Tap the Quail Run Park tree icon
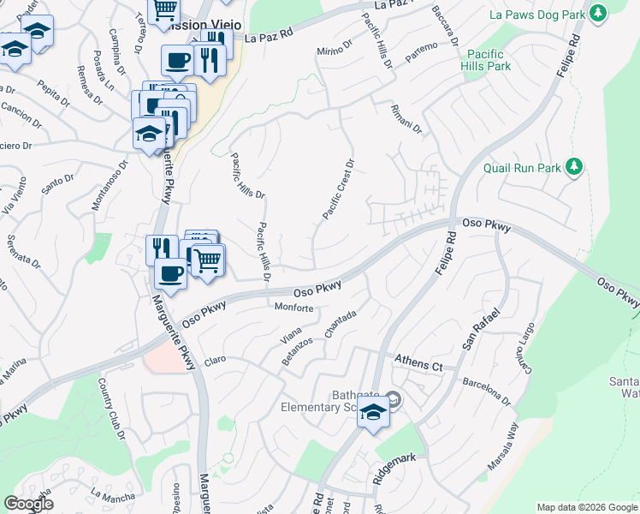coord(576,166)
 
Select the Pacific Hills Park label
coord(485,60)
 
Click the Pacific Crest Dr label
coord(338,189)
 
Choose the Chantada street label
coord(340,325)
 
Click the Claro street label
coord(214,360)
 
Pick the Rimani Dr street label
coord(406,119)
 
